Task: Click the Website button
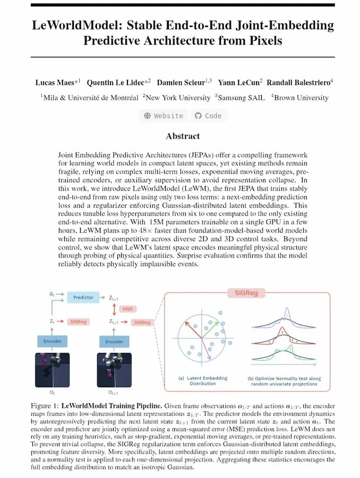164,115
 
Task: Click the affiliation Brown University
302,97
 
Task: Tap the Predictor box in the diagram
83,297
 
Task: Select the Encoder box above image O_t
53,341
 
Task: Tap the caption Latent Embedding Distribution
203,381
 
